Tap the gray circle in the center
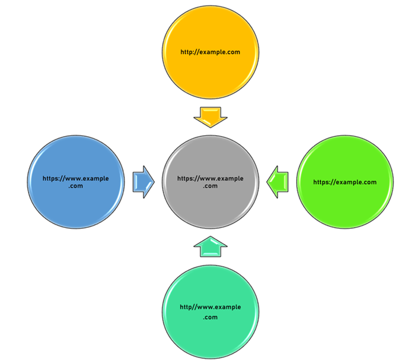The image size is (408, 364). (x=210, y=182)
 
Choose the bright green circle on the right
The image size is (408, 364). (x=344, y=182)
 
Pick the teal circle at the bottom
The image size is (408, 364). (x=210, y=312)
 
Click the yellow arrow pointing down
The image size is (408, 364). (x=210, y=116)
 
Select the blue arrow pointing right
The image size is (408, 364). (x=143, y=182)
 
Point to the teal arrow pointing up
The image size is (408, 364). (x=210, y=246)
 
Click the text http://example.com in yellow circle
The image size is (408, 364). (x=210, y=52)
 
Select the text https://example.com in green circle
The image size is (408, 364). (x=344, y=182)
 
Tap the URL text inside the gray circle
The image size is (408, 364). (x=210, y=182)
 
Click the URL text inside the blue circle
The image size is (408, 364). (x=76, y=182)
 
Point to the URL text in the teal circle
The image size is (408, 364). (x=210, y=312)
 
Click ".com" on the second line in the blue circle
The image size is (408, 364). (x=76, y=186)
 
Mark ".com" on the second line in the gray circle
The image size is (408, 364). (x=210, y=186)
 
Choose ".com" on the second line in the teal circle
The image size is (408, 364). (x=210, y=317)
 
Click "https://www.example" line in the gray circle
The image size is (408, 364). (x=210, y=178)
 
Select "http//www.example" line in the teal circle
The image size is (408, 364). (x=210, y=307)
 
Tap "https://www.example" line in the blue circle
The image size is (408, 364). (x=76, y=178)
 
